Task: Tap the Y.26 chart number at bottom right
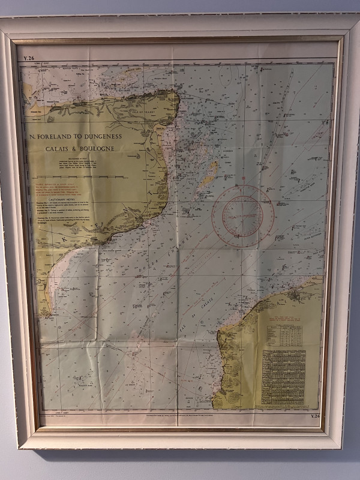[316, 416]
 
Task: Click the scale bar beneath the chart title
[78, 176]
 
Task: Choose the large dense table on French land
[283, 379]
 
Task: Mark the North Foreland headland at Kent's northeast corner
[177, 94]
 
